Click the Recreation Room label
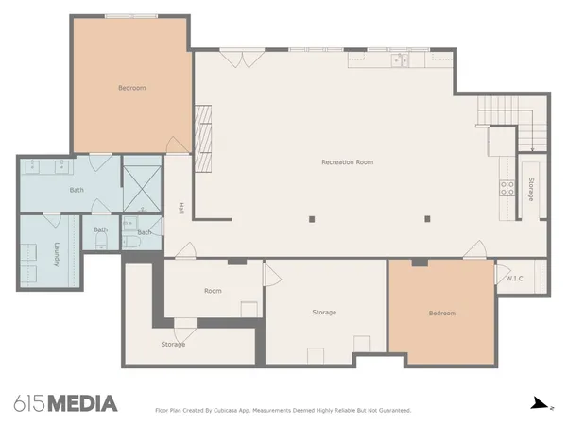pyautogui.click(x=347, y=162)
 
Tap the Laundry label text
pyautogui.click(x=57, y=256)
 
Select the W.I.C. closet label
pyautogui.click(x=515, y=279)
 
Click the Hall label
pyautogui.click(x=180, y=208)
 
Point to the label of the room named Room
pyautogui.click(x=213, y=291)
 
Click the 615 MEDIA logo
pyautogui.click(x=66, y=403)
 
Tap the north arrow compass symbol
pyautogui.click(x=540, y=403)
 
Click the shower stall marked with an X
pyautogui.click(x=142, y=189)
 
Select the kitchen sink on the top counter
pyautogui.click(x=400, y=60)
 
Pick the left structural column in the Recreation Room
pyautogui.click(x=312, y=219)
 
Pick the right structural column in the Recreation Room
pyautogui.click(x=427, y=219)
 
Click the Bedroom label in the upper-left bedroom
pyautogui.click(x=131, y=88)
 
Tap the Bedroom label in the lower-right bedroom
pyautogui.click(x=441, y=313)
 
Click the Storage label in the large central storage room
pyautogui.click(x=324, y=312)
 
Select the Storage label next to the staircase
pyautogui.click(x=531, y=189)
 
